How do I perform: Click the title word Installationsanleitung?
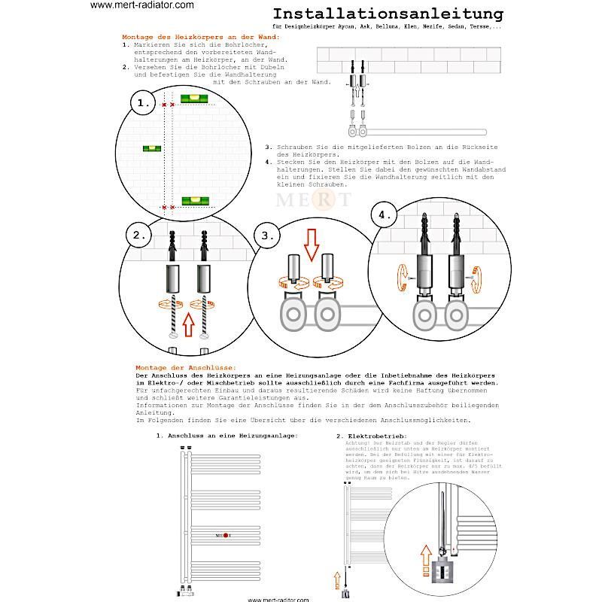pyautogui.click(x=388, y=14)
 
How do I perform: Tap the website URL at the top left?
pyautogui.click(x=142, y=5)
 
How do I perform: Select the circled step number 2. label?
pyautogui.click(x=140, y=235)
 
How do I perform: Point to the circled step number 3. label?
pyautogui.click(x=268, y=235)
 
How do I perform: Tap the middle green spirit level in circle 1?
pyautogui.click(x=152, y=148)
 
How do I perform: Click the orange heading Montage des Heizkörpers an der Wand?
pyautogui.click(x=200, y=37)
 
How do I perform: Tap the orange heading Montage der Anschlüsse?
pyautogui.click(x=185, y=367)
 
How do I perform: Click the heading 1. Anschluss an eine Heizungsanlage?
pyautogui.click(x=227, y=436)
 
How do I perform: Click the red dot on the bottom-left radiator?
pyautogui.click(x=225, y=535)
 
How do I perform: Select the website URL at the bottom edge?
pyautogui.click(x=278, y=599)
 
